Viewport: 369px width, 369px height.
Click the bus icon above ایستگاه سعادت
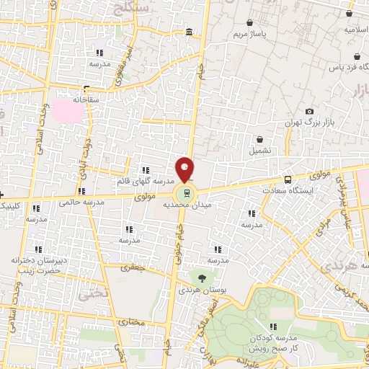point(288,179)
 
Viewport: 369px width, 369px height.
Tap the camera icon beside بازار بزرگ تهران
point(309,111)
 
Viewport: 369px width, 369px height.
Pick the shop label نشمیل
point(261,151)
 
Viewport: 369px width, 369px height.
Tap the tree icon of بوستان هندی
point(200,277)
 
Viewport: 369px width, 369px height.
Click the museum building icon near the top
point(189,32)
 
